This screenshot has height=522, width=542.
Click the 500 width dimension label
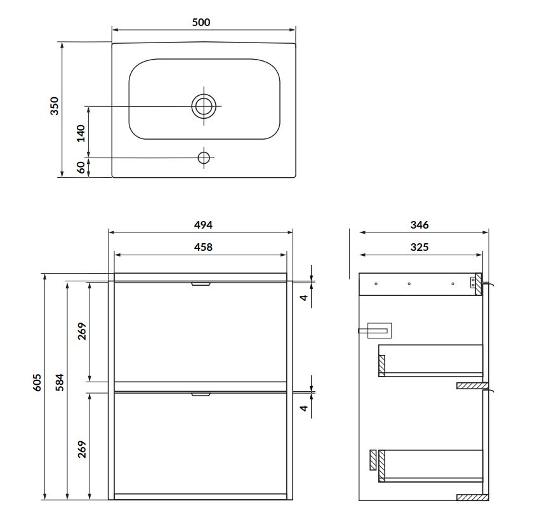(x=201, y=22)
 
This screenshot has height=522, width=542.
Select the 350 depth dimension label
(x=55, y=106)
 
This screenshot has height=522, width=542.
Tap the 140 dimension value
(x=81, y=133)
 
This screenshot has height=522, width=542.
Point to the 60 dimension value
(x=81, y=168)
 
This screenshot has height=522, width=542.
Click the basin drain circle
(x=204, y=106)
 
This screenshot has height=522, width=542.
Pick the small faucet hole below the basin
(x=204, y=157)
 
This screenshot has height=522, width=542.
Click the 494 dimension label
(x=203, y=225)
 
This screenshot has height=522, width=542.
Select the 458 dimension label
(x=203, y=247)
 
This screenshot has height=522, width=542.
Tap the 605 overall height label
(x=37, y=382)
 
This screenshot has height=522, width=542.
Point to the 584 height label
(x=60, y=382)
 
